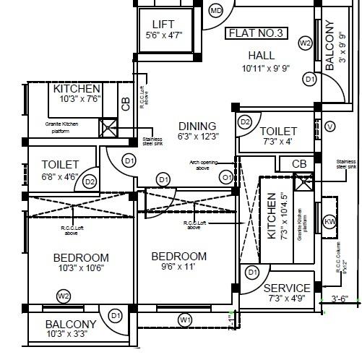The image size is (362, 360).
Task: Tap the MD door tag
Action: pyautogui.click(x=216, y=11)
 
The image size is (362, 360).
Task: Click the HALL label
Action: pyautogui.click(x=261, y=56)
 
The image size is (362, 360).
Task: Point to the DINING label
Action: pyautogui.click(x=197, y=125)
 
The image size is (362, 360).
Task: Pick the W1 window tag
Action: pyautogui.click(x=185, y=319)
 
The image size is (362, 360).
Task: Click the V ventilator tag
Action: pyautogui.click(x=330, y=127)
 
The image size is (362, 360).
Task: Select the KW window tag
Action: pyautogui.click(x=330, y=220)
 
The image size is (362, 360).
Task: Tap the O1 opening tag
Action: pyautogui.click(x=226, y=177)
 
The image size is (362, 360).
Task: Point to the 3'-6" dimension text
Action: pyautogui.click(x=340, y=298)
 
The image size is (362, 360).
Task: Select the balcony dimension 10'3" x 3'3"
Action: pyautogui.click(x=71, y=335)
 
